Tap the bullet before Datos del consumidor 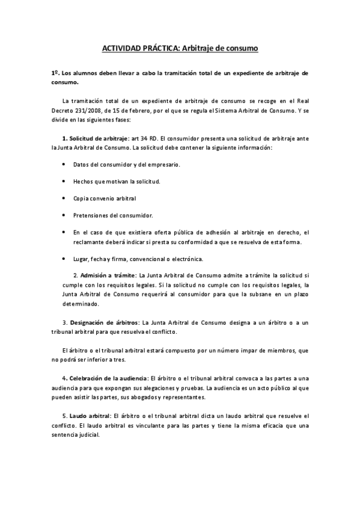click(x=64, y=164)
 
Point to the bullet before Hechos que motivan click(x=64, y=181)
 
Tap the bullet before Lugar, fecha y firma click(x=64, y=259)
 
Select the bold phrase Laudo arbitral click(x=90, y=415)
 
